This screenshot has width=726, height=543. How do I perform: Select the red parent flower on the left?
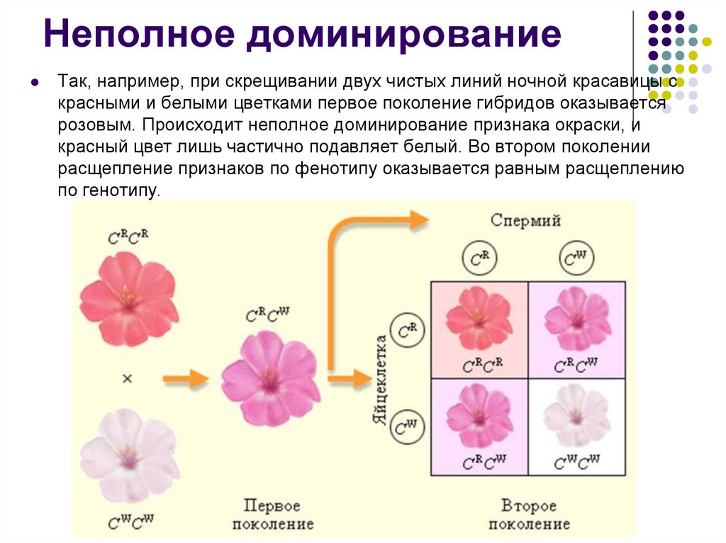point(128,298)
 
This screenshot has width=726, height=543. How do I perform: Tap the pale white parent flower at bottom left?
point(128,454)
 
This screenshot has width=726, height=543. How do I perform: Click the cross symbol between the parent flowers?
point(127,379)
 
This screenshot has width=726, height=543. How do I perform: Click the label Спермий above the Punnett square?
point(525,220)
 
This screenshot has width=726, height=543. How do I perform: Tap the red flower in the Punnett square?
point(479,319)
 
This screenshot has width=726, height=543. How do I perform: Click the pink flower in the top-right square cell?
point(576,319)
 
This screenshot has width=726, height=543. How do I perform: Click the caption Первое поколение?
point(272,515)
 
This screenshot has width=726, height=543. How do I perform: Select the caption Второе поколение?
point(529,515)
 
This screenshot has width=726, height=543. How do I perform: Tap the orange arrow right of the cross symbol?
point(186,379)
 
